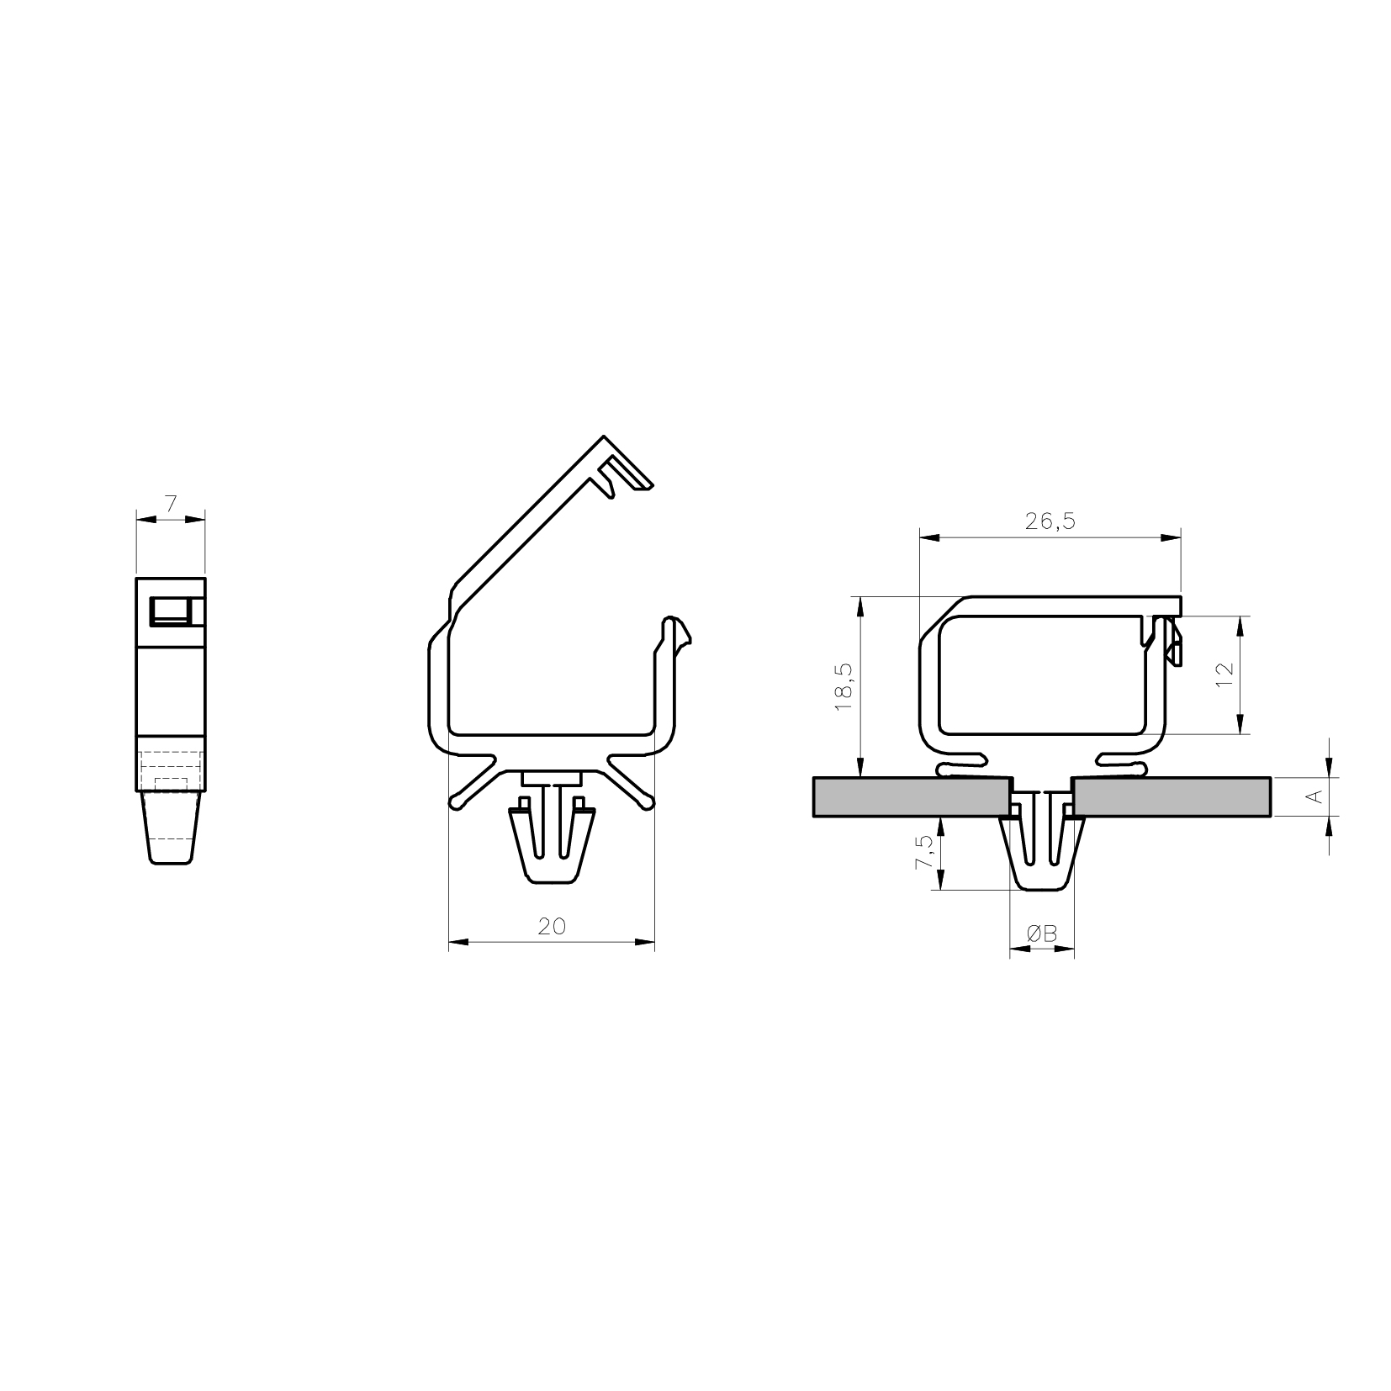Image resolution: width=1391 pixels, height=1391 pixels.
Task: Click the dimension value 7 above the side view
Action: pyautogui.click(x=171, y=504)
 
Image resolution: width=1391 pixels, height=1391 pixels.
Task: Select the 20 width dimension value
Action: pyautogui.click(x=552, y=926)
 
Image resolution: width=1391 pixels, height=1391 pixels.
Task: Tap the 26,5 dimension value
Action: pyautogui.click(x=1050, y=521)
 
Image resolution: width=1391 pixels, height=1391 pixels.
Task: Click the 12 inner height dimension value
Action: pyautogui.click(x=1224, y=674)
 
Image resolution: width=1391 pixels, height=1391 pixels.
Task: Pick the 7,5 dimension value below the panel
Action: pyautogui.click(x=923, y=853)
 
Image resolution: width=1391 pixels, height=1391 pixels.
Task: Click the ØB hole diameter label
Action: pyautogui.click(x=1041, y=933)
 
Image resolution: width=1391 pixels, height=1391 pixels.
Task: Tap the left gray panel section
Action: pyautogui.click(x=912, y=796)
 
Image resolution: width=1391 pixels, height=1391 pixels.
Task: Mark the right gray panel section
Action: pyautogui.click(x=1172, y=796)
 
